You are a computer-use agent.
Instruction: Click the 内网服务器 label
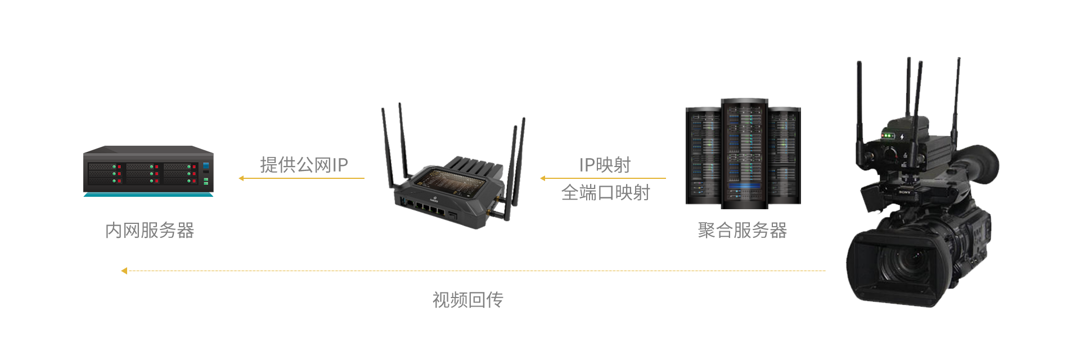point(150,230)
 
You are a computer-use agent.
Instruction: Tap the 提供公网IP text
point(304,165)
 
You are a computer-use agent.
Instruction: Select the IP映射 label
point(605,165)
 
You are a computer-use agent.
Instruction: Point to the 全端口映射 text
point(606,192)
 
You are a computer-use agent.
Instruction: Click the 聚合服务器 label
point(742,230)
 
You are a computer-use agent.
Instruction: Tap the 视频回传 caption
point(468,299)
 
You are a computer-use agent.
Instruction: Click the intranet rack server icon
point(148,172)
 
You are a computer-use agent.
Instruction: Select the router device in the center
point(450,191)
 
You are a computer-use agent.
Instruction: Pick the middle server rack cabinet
point(744,154)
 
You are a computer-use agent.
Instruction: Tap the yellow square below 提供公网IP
point(241,178)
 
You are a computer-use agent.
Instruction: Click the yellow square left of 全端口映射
point(543,178)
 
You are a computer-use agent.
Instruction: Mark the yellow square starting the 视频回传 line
point(124,271)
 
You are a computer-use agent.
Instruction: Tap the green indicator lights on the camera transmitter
point(886,136)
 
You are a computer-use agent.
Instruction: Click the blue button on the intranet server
point(206,165)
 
